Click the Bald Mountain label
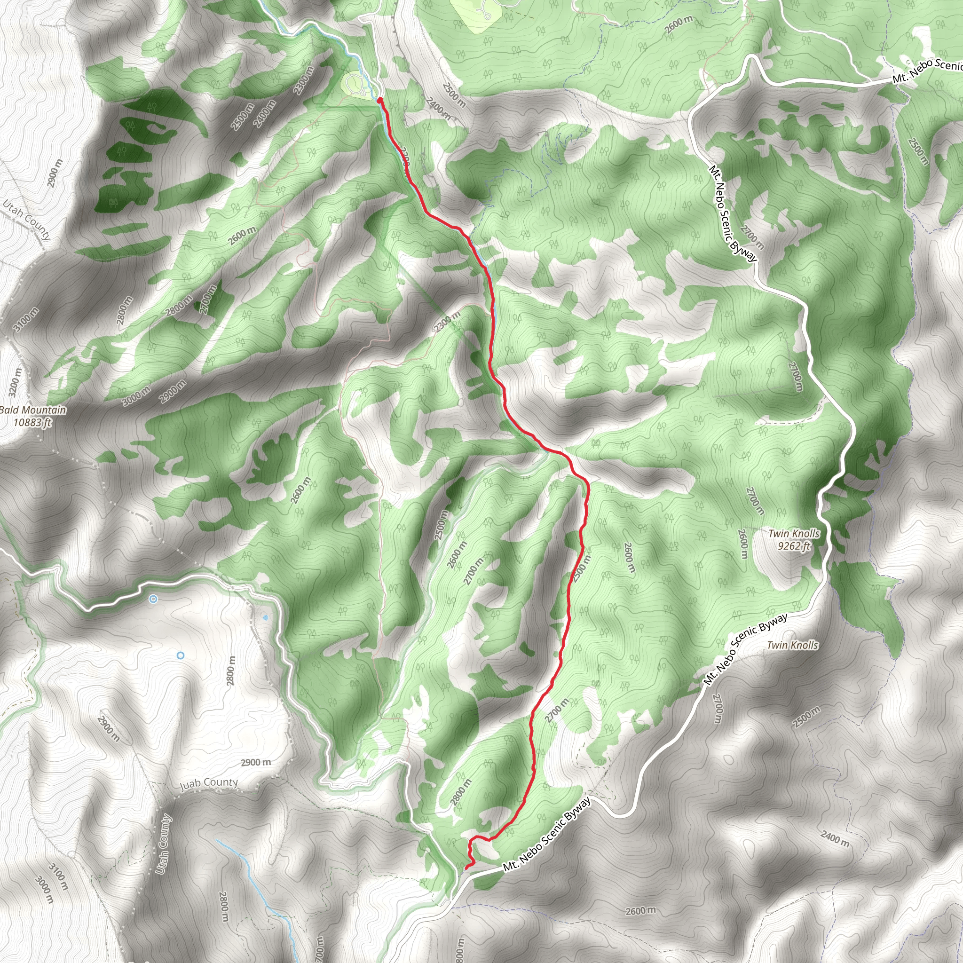[x=33, y=410]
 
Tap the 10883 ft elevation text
[x=32, y=423]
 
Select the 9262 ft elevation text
[x=794, y=546]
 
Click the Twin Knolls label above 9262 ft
[x=794, y=533]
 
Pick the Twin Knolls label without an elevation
[x=792, y=645]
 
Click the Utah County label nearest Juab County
[x=163, y=845]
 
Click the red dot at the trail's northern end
[x=380, y=100]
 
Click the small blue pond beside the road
[x=265, y=617]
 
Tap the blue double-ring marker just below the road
[x=153, y=599]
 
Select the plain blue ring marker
[x=181, y=655]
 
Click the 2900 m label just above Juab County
[x=256, y=762]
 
